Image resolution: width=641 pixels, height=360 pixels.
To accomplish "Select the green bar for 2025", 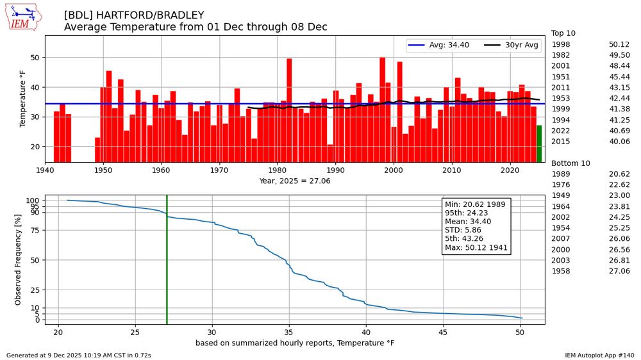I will (x=539, y=144).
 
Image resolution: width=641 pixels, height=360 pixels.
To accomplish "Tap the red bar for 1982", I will (x=289, y=110).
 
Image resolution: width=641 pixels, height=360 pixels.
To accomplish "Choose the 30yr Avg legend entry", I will (x=513, y=45).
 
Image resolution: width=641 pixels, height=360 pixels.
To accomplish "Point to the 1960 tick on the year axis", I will (x=162, y=170).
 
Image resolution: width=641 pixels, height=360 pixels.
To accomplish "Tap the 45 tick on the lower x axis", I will (x=443, y=331).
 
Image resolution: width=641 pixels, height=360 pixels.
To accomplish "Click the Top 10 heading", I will (x=564, y=33).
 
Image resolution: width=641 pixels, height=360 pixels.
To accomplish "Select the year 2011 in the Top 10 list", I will (x=562, y=88).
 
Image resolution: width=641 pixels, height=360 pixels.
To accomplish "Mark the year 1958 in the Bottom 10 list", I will (x=562, y=271).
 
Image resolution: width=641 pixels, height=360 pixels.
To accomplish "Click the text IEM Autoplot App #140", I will (x=599, y=355).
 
